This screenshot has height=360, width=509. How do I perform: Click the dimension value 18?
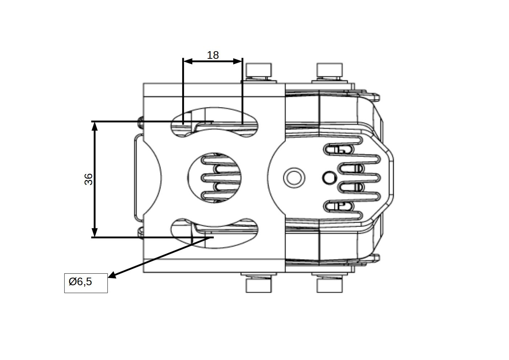tap(213, 55)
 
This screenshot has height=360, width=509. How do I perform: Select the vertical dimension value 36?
tap(89, 179)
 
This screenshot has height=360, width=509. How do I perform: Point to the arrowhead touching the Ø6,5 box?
tap(112, 275)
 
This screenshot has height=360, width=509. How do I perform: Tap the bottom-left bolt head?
tap(259, 285)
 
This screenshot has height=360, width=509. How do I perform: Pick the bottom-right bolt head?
tap(329, 285)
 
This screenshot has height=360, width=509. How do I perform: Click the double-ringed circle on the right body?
tap(294, 178)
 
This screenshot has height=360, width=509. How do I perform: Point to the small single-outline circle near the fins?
tap(329, 178)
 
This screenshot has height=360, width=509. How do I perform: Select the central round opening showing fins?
tap(214, 177)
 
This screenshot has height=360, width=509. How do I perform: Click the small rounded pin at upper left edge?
tap(140, 122)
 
